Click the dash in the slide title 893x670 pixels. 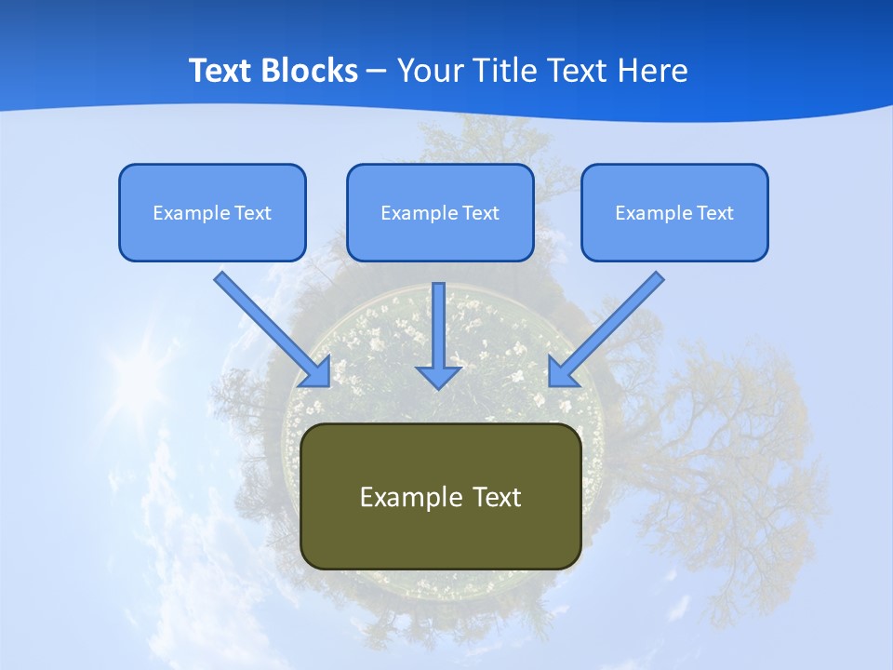(x=377, y=71)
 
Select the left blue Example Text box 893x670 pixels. (x=212, y=212)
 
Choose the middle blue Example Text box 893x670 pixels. (x=440, y=212)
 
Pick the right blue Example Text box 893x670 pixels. (x=674, y=212)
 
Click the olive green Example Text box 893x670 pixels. (x=441, y=496)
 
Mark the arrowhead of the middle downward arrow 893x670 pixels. (x=438, y=376)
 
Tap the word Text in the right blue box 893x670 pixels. (x=714, y=213)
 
